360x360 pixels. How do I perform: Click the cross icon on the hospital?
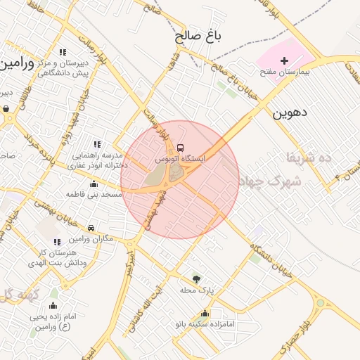[284, 60]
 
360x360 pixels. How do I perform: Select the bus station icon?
[181, 148]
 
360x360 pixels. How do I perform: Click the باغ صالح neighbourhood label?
[198, 36]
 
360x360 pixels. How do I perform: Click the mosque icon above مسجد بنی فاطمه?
[94, 184]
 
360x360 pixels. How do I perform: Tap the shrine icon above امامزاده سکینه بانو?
[205, 314]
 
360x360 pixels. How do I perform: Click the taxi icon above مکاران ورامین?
[91, 229]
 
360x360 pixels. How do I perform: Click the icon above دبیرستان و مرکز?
[63, 51]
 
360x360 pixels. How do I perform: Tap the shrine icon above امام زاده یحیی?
[53, 306]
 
